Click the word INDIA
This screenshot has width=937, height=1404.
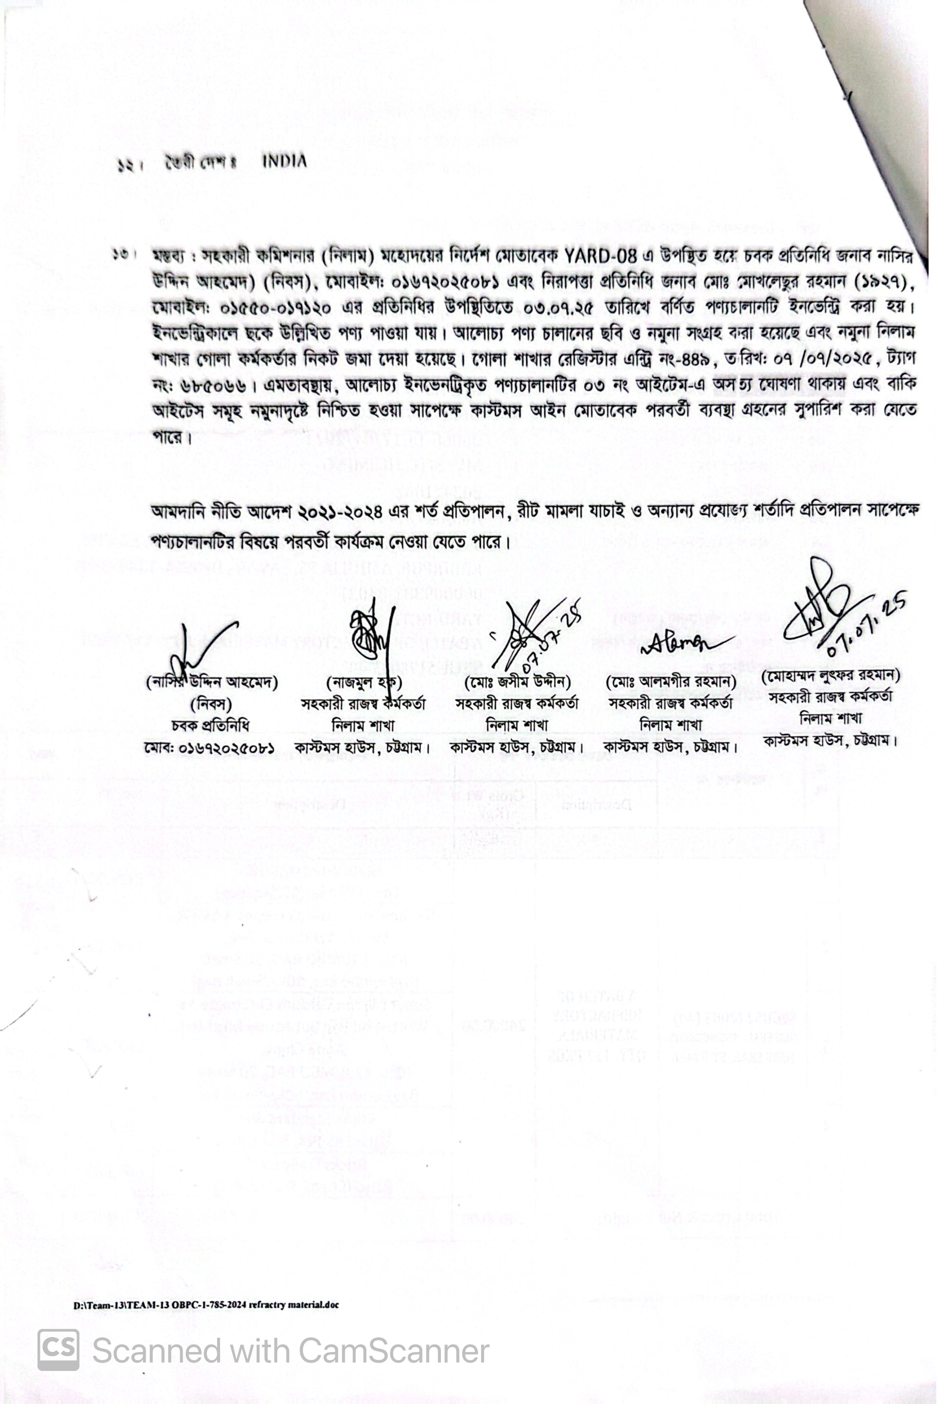(285, 161)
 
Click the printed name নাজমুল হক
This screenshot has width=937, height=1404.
(364, 682)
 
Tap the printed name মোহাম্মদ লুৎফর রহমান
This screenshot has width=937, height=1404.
(831, 674)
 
